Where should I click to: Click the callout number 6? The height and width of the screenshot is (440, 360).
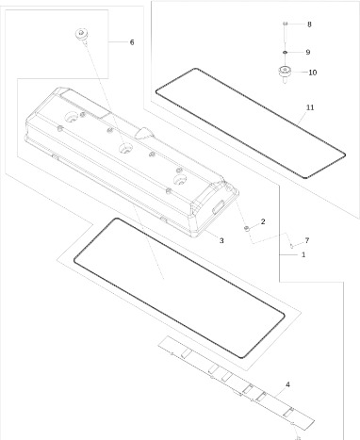[x=132, y=42]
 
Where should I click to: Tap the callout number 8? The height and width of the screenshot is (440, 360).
[x=309, y=24]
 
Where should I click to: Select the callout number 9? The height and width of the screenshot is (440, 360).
[x=308, y=52]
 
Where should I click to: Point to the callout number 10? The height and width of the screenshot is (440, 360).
[x=313, y=73]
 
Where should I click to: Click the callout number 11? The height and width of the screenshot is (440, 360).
[x=310, y=107]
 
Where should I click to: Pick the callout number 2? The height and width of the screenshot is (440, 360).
[x=263, y=221]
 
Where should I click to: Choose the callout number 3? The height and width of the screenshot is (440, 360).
[x=221, y=240]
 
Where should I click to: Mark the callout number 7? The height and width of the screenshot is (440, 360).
[x=307, y=240]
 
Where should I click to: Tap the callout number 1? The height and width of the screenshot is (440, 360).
[x=303, y=254]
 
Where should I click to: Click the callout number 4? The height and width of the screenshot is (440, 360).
[x=287, y=384]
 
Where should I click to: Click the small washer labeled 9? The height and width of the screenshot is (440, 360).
[x=285, y=52]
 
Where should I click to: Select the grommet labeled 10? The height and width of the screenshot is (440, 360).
[x=285, y=73]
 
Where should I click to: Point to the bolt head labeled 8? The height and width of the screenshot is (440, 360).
[x=285, y=24]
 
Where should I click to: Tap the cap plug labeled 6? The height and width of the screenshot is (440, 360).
[x=81, y=35]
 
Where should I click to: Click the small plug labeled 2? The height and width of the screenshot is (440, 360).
[x=247, y=228]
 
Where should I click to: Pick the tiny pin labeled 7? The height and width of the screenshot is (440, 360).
[x=291, y=246]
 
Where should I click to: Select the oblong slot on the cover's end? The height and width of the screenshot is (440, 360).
[x=218, y=206]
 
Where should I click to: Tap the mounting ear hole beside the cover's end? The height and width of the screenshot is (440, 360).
[x=228, y=188]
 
